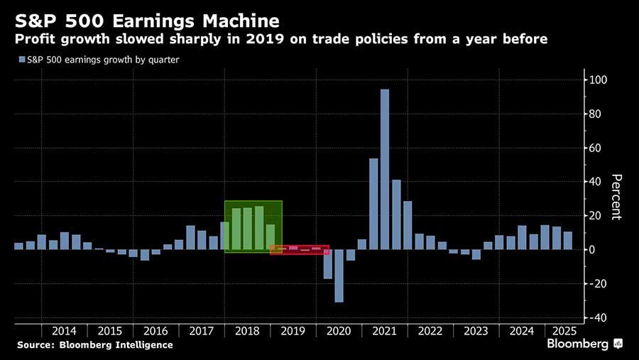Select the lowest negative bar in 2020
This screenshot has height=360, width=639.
[339, 276]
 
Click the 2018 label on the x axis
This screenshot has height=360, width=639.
[248, 331]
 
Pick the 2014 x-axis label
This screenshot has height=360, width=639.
[65, 331]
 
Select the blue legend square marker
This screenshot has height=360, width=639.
[20, 60]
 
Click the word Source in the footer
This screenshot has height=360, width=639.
[35, 345]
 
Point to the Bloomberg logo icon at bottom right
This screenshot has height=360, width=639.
[618, 344]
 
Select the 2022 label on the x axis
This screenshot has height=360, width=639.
[430, 331]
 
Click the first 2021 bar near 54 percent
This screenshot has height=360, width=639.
[373, 204]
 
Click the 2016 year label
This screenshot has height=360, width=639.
[156, 331]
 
